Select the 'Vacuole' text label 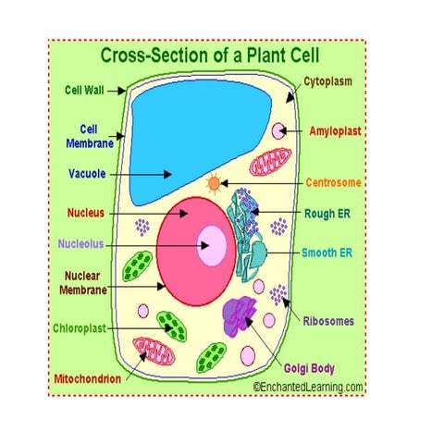(x=85, y=173)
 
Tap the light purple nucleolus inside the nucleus (x=214, y=245)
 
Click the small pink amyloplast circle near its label (x=277, y=130)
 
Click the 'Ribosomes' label (x=328, y=322)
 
